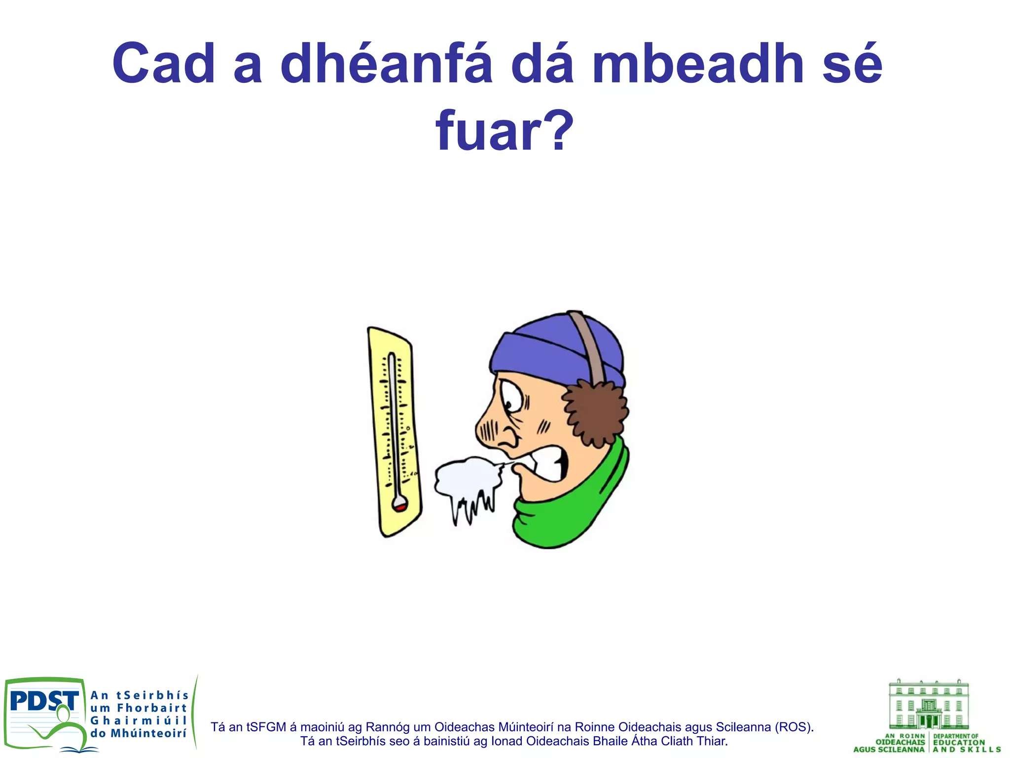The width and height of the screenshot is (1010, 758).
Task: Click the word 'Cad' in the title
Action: (163, 64)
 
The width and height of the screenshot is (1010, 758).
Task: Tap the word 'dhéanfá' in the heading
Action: (386, 64)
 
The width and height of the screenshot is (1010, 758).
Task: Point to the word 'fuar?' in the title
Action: (505, 130)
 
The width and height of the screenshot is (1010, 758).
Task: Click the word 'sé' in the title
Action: (852, 64)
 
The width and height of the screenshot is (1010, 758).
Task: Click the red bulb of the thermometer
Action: (399, 507)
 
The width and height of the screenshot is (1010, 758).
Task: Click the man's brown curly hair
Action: (594, 412)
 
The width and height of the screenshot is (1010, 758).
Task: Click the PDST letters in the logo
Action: (44, 701)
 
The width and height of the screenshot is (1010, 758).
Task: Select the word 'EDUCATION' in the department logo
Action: (959, 742)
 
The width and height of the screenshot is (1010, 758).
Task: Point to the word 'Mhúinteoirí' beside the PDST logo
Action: (148, 733)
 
